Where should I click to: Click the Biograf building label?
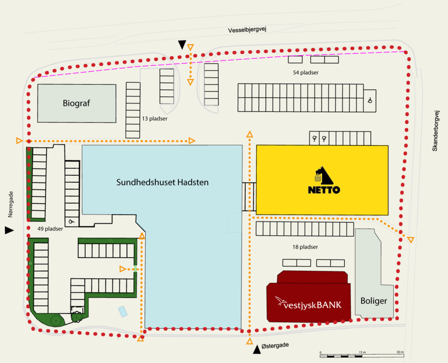(76, 103)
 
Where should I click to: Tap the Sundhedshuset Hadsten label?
(162, 182)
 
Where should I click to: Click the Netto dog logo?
(324, 175)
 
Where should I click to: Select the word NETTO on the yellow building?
(324, 190)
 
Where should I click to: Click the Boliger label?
(374, 301)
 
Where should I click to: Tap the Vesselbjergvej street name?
(247, 29)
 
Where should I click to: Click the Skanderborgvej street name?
(435, 131)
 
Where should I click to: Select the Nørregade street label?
(10, 204)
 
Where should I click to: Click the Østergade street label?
(275, 346)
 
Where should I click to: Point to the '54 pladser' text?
(306, 73)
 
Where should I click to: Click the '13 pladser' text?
(154, 119)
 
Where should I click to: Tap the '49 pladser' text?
(50, 229)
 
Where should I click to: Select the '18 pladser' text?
(305, 247)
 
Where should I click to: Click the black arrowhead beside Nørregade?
(9, 230)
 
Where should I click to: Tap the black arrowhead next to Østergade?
(257, 349)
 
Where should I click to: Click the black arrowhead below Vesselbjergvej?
(182, 44)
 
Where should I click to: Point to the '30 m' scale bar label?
(400, 352)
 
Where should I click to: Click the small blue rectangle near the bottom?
(123, 311)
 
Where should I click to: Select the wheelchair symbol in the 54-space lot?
(370, 100)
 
